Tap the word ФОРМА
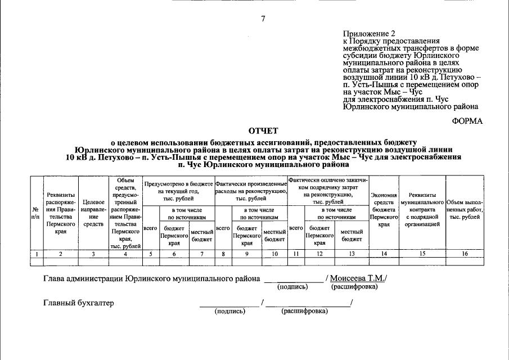pyautogui.click(x=467, y=121)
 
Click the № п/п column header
pyautogui.click(x=36, y=211)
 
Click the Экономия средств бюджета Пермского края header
pyautogui.click(x=384, y=209)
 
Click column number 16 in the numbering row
pyautogui.click(x=464, y=254)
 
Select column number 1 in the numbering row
pyautogui.click(x=36, y=254)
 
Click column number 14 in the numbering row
pyautogui.click(x=384, y=254)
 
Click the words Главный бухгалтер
pyautogui.click(x=79, y=303)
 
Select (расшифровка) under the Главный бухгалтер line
pyautogui.click(x=304, y=311)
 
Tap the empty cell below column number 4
pyautogui.click(x=125, y=261)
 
